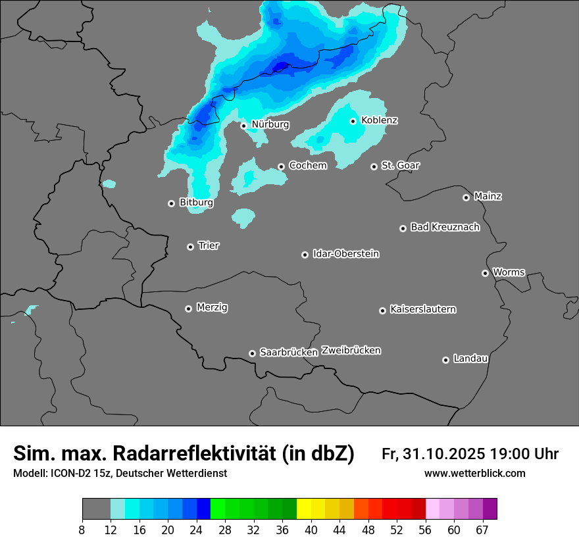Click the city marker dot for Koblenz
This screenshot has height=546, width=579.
coord(353,121)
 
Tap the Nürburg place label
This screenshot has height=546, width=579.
coord(270,124)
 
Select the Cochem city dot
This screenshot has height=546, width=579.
coord(281,166)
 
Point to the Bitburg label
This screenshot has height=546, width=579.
coord(196,203)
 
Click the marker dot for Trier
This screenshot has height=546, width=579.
coord(191,247)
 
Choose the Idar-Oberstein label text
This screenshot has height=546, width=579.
coord(345,254)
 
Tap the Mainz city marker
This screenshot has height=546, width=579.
coord(466,197)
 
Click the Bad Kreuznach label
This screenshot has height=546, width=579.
coord(445,227)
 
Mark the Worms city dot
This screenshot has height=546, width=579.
coord(486,273)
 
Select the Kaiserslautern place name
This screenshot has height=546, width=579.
coord(423,309)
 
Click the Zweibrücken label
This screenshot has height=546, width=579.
coord(351,351)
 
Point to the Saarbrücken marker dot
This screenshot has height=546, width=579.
coord(252,353)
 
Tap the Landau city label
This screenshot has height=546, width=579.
coord(470,359)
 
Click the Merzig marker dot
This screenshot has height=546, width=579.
coord(189,309)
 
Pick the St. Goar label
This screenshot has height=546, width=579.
coord(400,166)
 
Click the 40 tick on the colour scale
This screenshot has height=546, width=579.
coord(311,530)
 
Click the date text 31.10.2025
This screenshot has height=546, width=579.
coord(442,454)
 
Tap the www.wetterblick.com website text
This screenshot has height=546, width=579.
coord(474,474)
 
